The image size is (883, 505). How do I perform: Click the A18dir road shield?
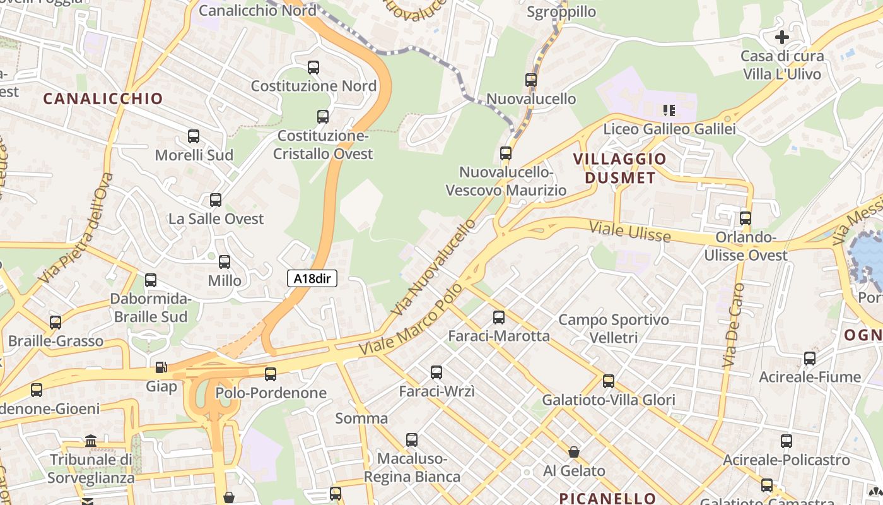click(x=312, y=278)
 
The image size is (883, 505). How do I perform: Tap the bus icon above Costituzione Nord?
click(x=313, y=68)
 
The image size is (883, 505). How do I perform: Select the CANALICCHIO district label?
click(x=103, y=98)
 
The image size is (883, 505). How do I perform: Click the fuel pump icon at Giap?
click(x=161, y=367)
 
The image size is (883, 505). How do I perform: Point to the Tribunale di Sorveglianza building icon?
click(x=91, y=441)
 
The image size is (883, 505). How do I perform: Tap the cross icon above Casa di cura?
click(x=781, y=37)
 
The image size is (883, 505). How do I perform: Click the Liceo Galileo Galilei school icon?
click(x=669, y=111)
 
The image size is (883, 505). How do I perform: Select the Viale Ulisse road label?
click(x=630, y=231)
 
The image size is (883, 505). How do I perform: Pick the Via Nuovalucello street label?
click(x=434, y=267)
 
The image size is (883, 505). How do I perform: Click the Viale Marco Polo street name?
click(x=411, y=319)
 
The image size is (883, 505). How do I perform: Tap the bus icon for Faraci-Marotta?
click(x=499, y=317)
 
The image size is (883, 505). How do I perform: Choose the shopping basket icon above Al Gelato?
click(x=574, y=452)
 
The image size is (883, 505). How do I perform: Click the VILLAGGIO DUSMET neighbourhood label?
click(x=620, y=168)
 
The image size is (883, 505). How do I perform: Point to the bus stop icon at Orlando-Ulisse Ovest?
click(x=746, y=218)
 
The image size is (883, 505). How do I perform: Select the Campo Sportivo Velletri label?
click(x=614, y=329)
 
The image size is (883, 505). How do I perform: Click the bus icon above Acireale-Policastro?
click(x=786, y=441)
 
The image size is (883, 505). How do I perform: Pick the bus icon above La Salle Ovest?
click(x=216, y=200)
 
